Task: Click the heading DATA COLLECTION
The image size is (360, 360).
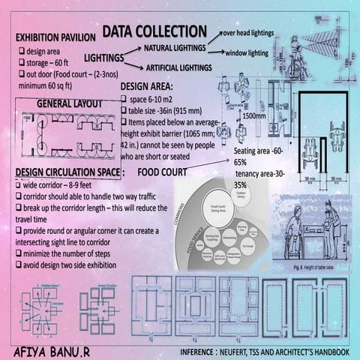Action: point(154,31)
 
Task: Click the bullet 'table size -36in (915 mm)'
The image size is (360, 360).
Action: point(165,111)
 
